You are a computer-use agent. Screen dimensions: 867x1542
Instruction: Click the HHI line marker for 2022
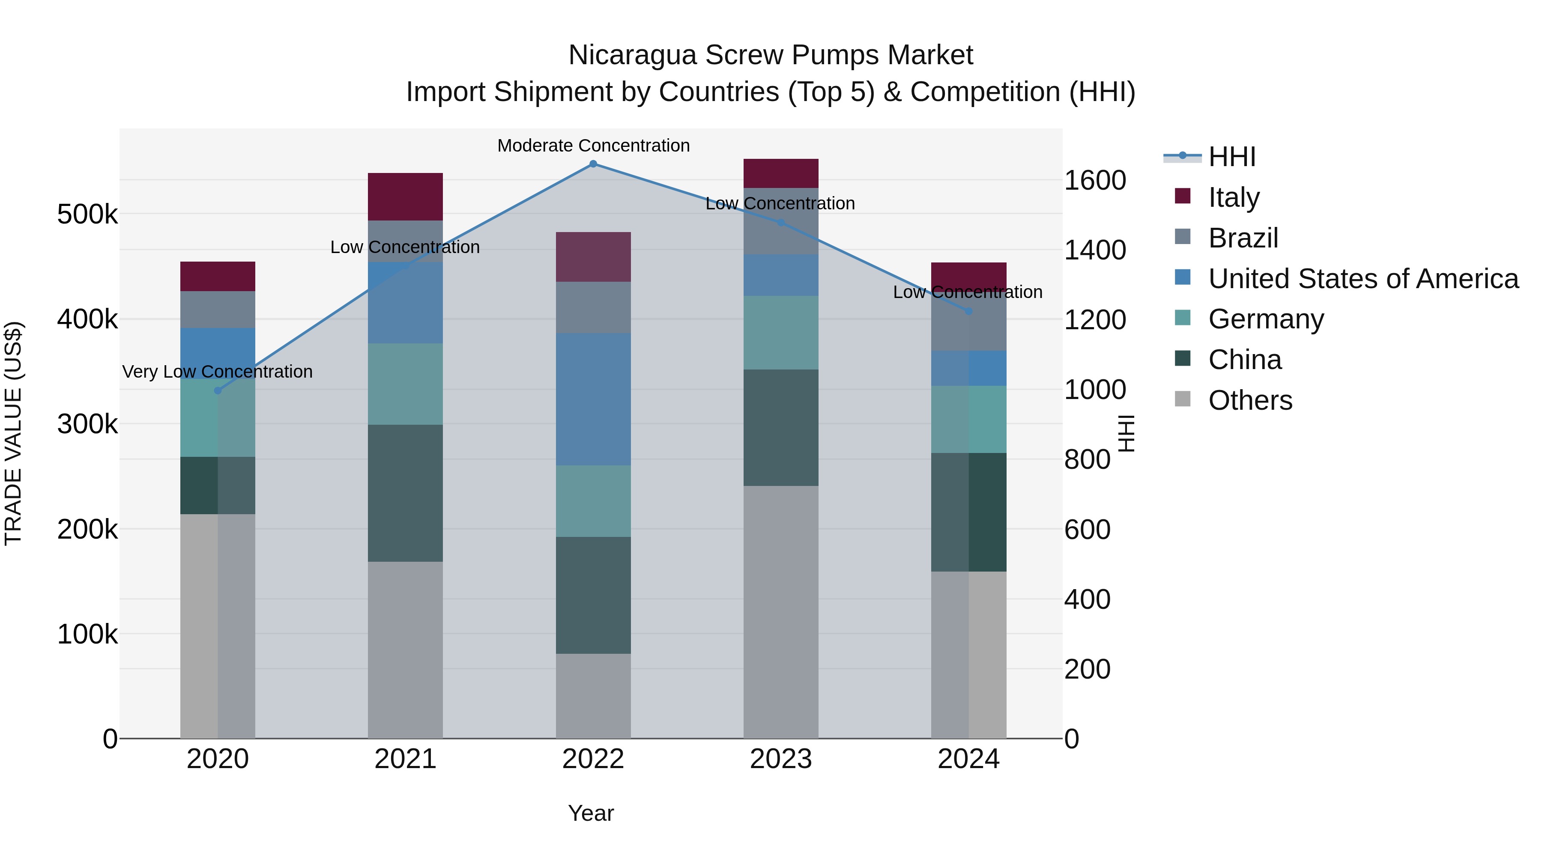pos(593,164)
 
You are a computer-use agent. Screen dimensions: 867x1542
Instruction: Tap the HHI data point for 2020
pos(218,391)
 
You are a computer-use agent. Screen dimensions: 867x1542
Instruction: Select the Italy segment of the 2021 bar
pos(405,196)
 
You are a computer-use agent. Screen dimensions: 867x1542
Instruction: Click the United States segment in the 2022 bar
pos(593,399)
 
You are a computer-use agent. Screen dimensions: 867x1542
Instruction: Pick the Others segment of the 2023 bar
pos(780,611)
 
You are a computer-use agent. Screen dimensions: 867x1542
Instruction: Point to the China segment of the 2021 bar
pos(405,493)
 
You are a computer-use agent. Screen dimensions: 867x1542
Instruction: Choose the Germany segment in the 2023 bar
pos(780,333)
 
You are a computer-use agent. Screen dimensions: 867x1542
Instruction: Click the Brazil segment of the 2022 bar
pos(593,307)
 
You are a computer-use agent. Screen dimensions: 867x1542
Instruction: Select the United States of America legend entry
pos(1363,279)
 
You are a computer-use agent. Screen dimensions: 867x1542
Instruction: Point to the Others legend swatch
pos(1182,399)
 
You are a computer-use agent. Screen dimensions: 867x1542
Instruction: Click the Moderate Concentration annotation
pos(593,146)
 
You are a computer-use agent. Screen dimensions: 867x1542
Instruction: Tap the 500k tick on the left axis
pos(87,214)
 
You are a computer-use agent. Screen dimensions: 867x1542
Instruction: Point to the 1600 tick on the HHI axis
pos(1094,180)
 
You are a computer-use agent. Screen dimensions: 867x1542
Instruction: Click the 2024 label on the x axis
pos(968,759)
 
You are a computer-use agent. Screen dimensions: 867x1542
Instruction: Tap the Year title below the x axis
pos(591,813)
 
